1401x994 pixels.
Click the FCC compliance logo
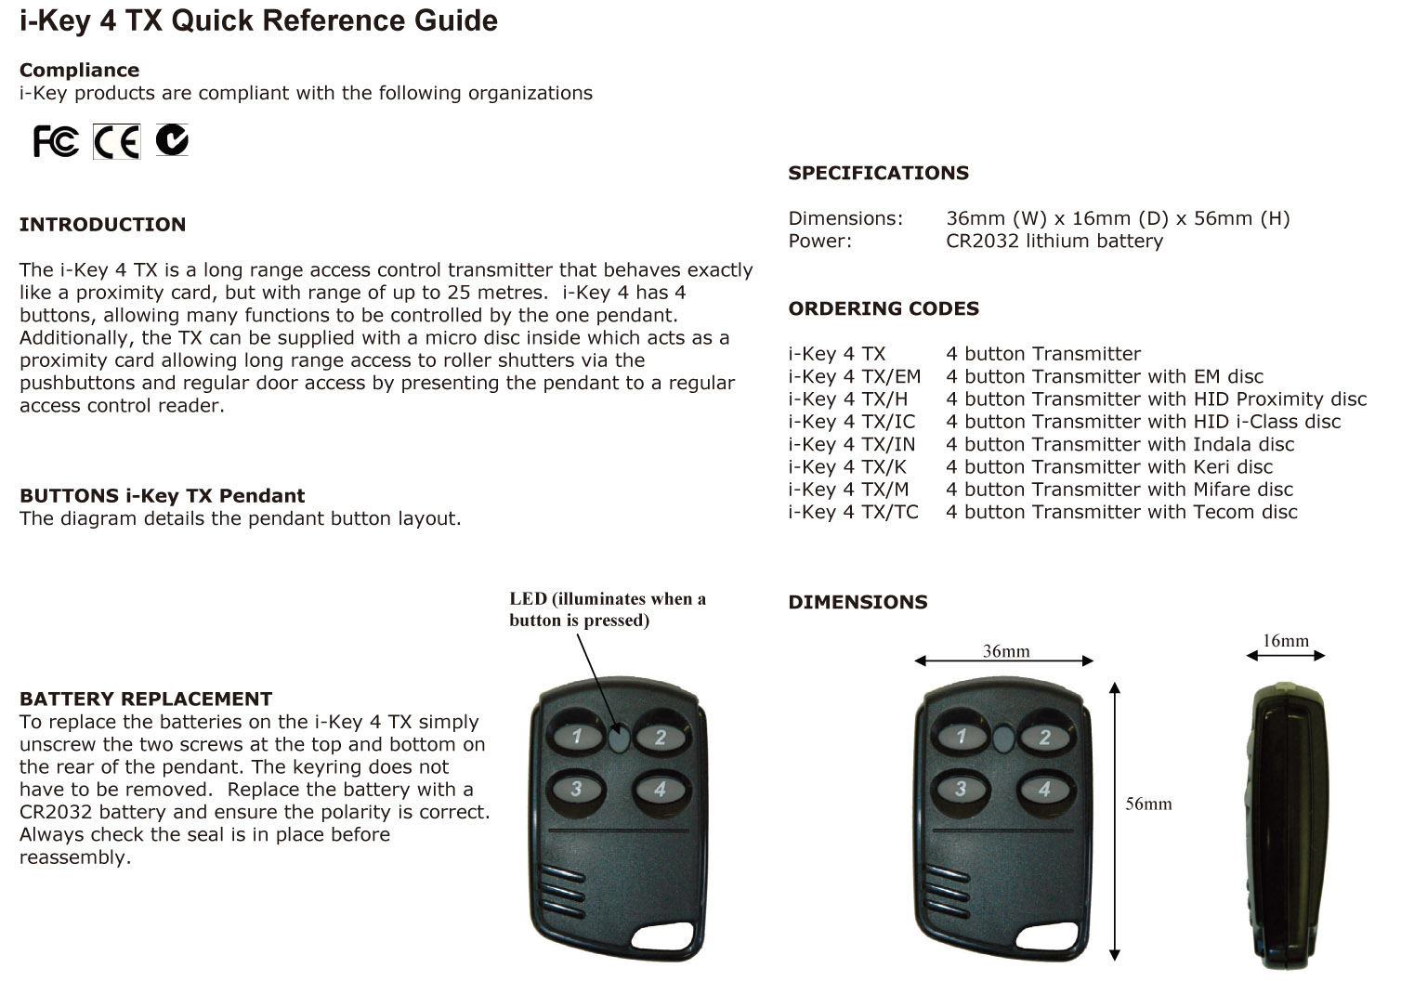click(x=56, y=141)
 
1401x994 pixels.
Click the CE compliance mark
click(x=116, y=141)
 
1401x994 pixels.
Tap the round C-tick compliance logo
click(x=172, y=139)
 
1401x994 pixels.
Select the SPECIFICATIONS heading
click(x=878, y=173)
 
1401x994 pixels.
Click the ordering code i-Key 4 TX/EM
click(x=854, y=376)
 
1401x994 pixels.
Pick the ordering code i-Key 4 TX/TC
click(x=853, y=512)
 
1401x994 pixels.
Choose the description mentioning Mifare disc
click(x=1119, y=490)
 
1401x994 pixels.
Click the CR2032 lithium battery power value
click(x=1054, y=242)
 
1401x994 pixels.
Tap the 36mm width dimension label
click(x=1006, y=651)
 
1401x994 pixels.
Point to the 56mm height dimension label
click(x=1148, y=804)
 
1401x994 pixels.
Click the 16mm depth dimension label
click(x=1285, y=641)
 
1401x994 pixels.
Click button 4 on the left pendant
click(x=660, y=791)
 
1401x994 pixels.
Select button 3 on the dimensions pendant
click(x=961, y=790)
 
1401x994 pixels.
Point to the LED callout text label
click(x=608, y=609)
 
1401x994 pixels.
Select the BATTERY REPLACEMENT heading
click(x=146, y=700)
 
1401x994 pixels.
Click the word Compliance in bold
click(x=79, y=71)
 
